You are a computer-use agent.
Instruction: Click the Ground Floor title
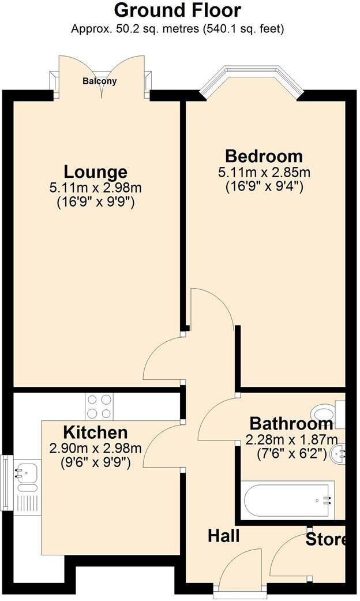[177, 10]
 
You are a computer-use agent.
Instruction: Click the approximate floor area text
[177, 28]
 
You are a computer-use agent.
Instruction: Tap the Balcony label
[99, 81]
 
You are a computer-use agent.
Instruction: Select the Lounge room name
[95, 171]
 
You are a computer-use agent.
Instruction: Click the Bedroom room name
[264, 156]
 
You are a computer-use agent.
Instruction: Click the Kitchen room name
[95, 432]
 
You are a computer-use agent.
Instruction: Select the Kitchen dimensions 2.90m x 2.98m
[95, 448]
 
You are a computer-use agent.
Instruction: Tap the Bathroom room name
[291, 423]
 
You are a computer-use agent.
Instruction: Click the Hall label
[224, 536]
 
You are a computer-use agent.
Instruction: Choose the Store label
[326, 540]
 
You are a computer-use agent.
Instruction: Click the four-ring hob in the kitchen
[99, 406]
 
